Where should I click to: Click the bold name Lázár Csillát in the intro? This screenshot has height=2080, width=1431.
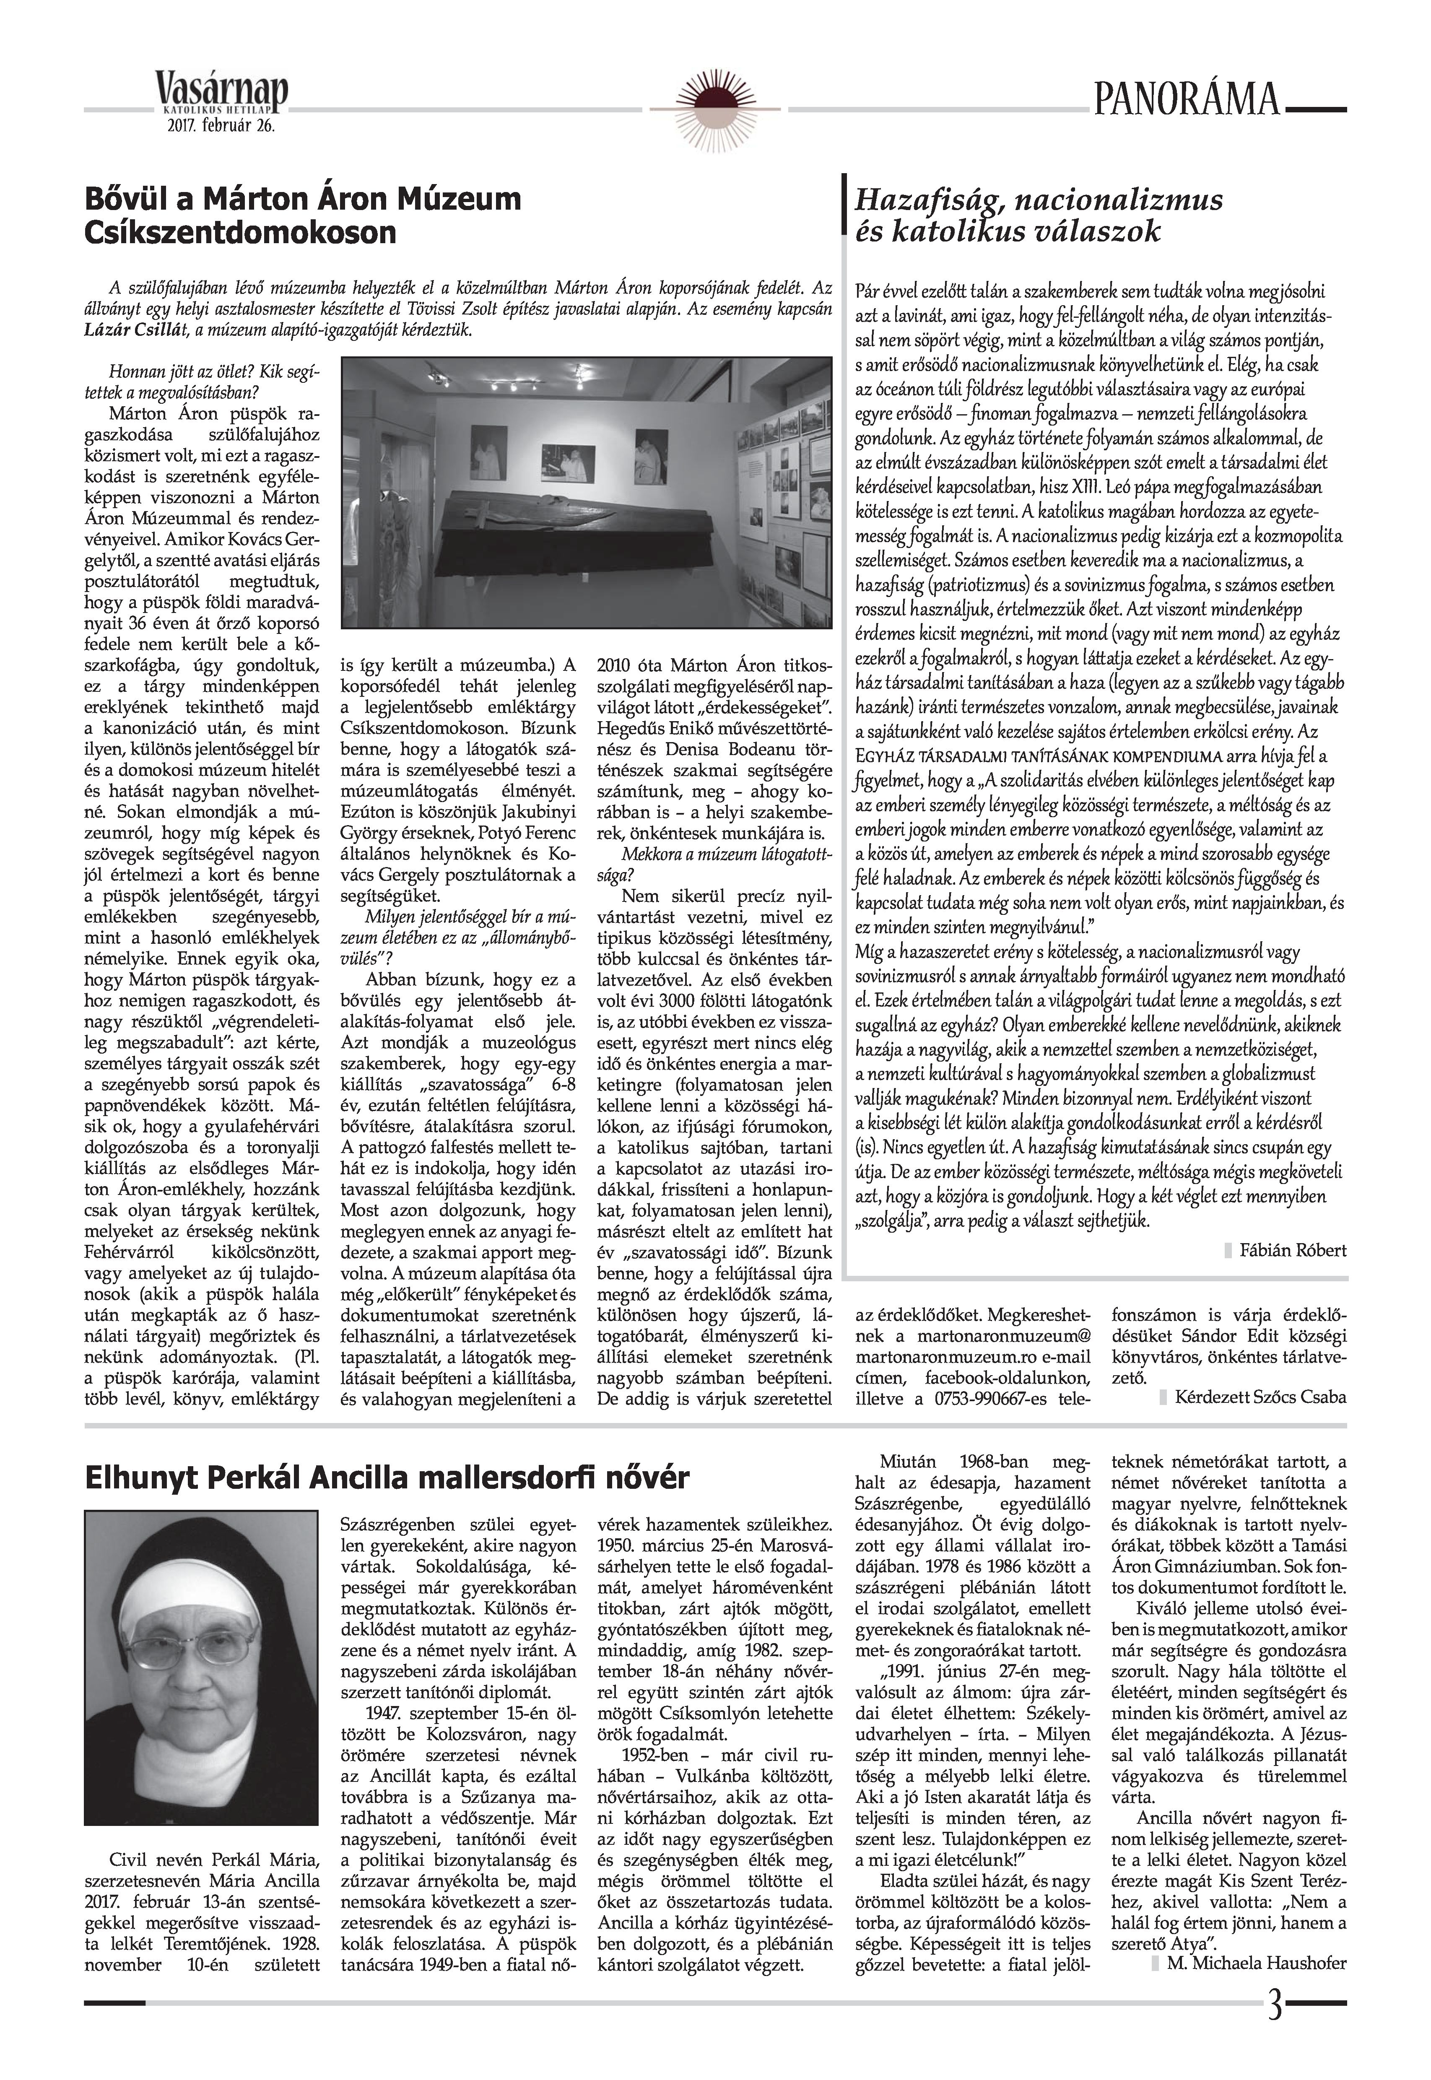[x=154, y=329]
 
